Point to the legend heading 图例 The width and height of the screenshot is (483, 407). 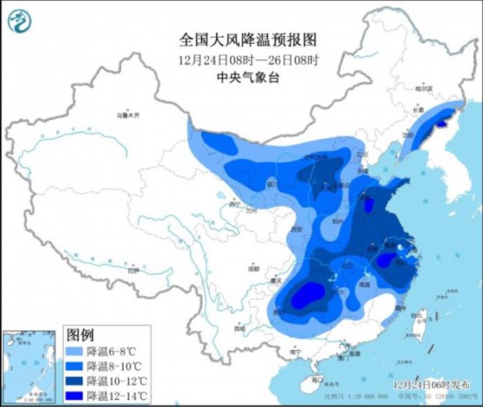point(80,335)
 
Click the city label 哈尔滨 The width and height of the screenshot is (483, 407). point(425,87)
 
